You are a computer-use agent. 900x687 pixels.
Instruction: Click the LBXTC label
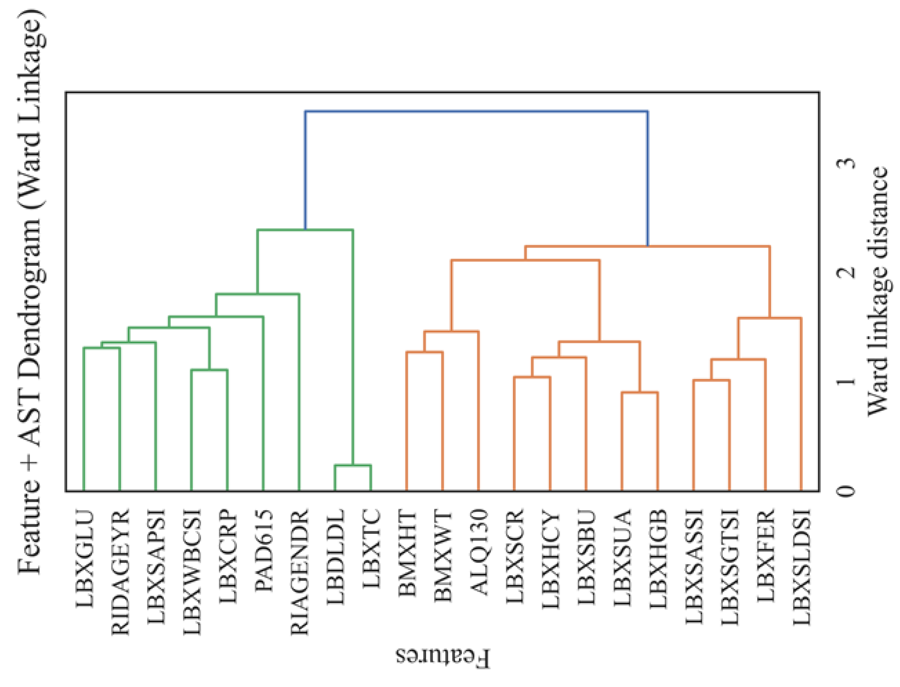pyautogui.click(x=371, y=548)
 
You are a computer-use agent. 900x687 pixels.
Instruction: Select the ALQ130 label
pyautogui.click(x=479, y=552)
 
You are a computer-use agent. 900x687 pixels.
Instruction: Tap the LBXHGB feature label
pyautogui.click(x=658, y=558)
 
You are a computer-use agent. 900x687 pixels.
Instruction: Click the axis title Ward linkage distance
pyautogui.click(x=878, y=291)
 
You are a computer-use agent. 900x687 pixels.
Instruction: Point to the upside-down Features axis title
pyautogui.click(x=442, y=656)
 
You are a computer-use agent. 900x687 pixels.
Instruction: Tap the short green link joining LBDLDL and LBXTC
pyautogui.click(x=353, y=465)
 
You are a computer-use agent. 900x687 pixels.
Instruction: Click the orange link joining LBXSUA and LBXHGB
pyautogui.click(x=640, y=392)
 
